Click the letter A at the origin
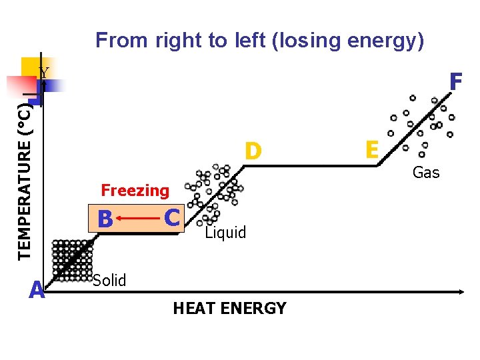coord(37,291)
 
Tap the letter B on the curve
coord(104,219)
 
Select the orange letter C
coord(172,217)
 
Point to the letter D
coord(252,151)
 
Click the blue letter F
coord(456,82)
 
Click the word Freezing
coord(135,191)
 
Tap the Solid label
coord(109,281)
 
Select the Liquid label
coord(225,233)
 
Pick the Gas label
coord(426,173)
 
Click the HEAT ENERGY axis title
coord(229,309)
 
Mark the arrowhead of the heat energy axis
coord(460,292)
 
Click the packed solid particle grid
coord(72,260)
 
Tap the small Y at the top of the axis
coord(43,73)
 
